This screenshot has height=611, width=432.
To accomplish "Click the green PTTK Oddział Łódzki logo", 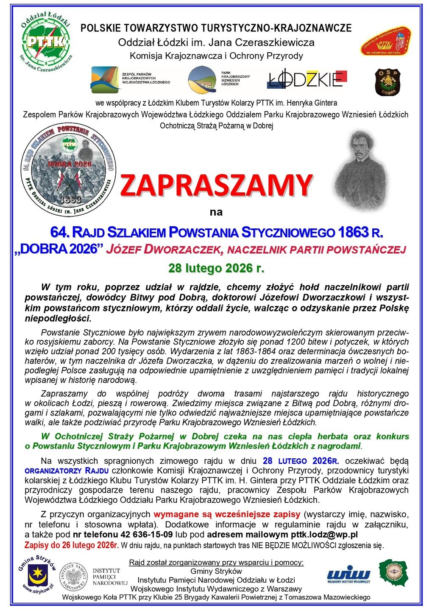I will click(x=46, y=41).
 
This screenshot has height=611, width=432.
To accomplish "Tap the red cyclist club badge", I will click(x=386, y=42).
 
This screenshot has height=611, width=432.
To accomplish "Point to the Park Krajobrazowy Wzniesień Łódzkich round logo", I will click(x=202, y=79).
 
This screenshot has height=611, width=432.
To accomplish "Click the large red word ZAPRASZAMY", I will click(x=216, y=185).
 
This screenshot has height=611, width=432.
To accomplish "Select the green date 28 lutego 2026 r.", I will click(x=216, y=268).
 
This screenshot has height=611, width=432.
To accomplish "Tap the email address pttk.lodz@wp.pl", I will click(x=324, y=534).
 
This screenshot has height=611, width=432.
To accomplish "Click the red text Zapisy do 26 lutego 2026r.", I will click(x=71, y=545).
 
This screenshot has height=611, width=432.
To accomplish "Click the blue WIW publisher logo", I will click(x=348, y=574).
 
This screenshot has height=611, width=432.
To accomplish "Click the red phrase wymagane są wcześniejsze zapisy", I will click(x=227, y=514).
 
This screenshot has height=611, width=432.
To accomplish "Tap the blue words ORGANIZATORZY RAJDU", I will click(x=67, y=471).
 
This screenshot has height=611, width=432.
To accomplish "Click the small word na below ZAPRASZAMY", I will click(x=216, y=212).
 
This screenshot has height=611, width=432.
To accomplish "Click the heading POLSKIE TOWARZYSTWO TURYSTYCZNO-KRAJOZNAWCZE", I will click(x=216, y=28).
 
